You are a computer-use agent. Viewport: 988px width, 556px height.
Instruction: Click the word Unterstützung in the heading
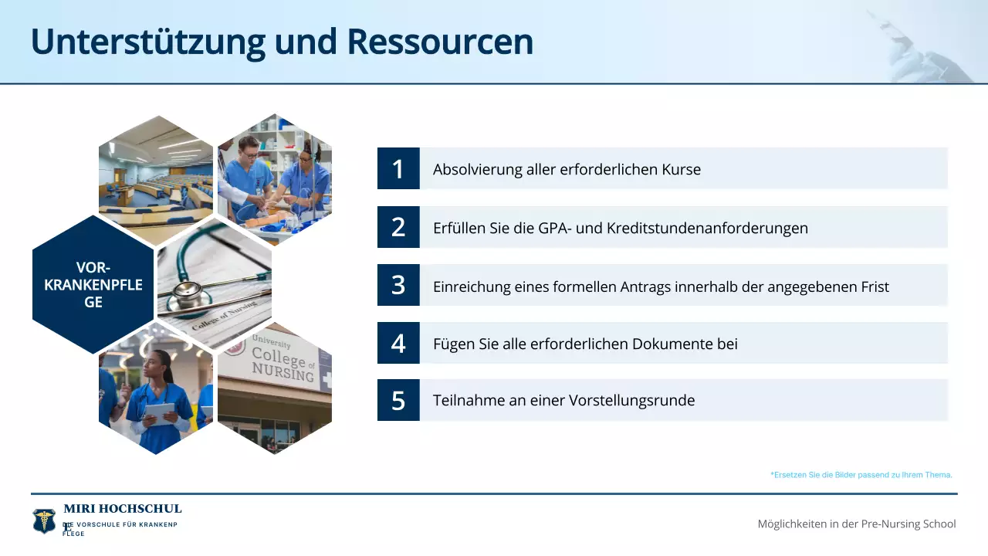pyautogui.click(x=147, y=42)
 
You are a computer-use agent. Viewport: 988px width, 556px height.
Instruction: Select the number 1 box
pyautogui.click(x=398, y=168)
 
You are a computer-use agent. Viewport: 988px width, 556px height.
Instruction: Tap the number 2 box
pyautogui.click(x=398, y=227)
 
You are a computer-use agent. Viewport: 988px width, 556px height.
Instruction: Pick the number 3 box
pyautogui.click(x=398, y=285)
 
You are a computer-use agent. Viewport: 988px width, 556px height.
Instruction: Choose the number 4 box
pyautogui.click(x=398, y=343)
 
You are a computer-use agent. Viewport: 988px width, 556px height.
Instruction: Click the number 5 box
pyautogui.click(x=398, y=400)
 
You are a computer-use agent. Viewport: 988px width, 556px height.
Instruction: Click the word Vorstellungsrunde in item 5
pyautogui.click(x=631, y=401)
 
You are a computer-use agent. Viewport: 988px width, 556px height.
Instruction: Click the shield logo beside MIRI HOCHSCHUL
pyautogui.click(x=44, y=520)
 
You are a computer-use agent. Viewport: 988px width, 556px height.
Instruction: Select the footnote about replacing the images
pyautogui.click(x=861, y=475)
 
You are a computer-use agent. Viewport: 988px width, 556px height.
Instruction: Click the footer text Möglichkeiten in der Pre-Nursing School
pyautogui.click(x=857, y=524)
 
